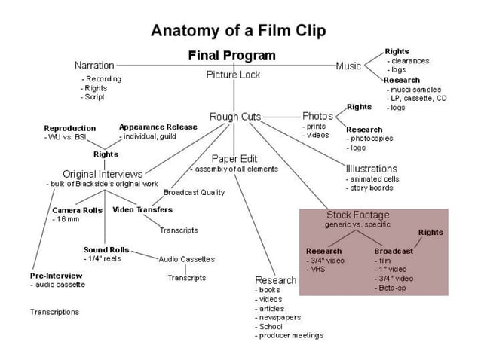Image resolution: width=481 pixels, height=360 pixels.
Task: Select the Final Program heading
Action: pyautogui.click(x=231, y=56)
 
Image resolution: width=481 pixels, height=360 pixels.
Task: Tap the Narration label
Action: pyautogui.click(x=94, y=66)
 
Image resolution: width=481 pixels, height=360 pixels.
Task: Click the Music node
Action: pyautogui.click(x=348, y=66)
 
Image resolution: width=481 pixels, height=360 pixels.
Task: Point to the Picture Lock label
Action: pyautogui.click(x=233, y=75)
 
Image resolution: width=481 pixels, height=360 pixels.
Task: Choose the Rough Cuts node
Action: pyautogui.click(x=235, y=117)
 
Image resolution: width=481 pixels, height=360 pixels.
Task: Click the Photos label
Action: pyautogui.click(x=317, y=116)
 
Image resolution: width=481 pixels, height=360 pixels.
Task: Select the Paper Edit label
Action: pyautogui.click(x=234, y=159)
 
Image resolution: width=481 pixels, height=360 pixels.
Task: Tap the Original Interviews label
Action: pyautogui.click(x=103, y=174)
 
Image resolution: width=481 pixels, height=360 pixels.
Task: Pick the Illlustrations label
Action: pyautogui.click(x=372, y=169)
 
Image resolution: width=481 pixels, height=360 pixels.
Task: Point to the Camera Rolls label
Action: pyautogui.click(x=77, y=210)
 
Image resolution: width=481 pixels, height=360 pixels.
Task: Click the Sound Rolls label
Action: pyautogui.click(x=106, y=249)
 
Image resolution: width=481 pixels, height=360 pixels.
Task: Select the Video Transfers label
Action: pyautogui.click(x=142, y=209)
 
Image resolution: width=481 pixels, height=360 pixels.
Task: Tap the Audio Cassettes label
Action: pyautogui.click(x=186, y=259)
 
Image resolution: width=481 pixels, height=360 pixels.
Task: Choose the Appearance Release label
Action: pyautogui.click(x=158, y=127)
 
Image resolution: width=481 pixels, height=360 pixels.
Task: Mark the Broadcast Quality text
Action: pyautogui.click(x=194, y=193)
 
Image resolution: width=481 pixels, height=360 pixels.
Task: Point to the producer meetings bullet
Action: pyautogui.click(x=292, y=336)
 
